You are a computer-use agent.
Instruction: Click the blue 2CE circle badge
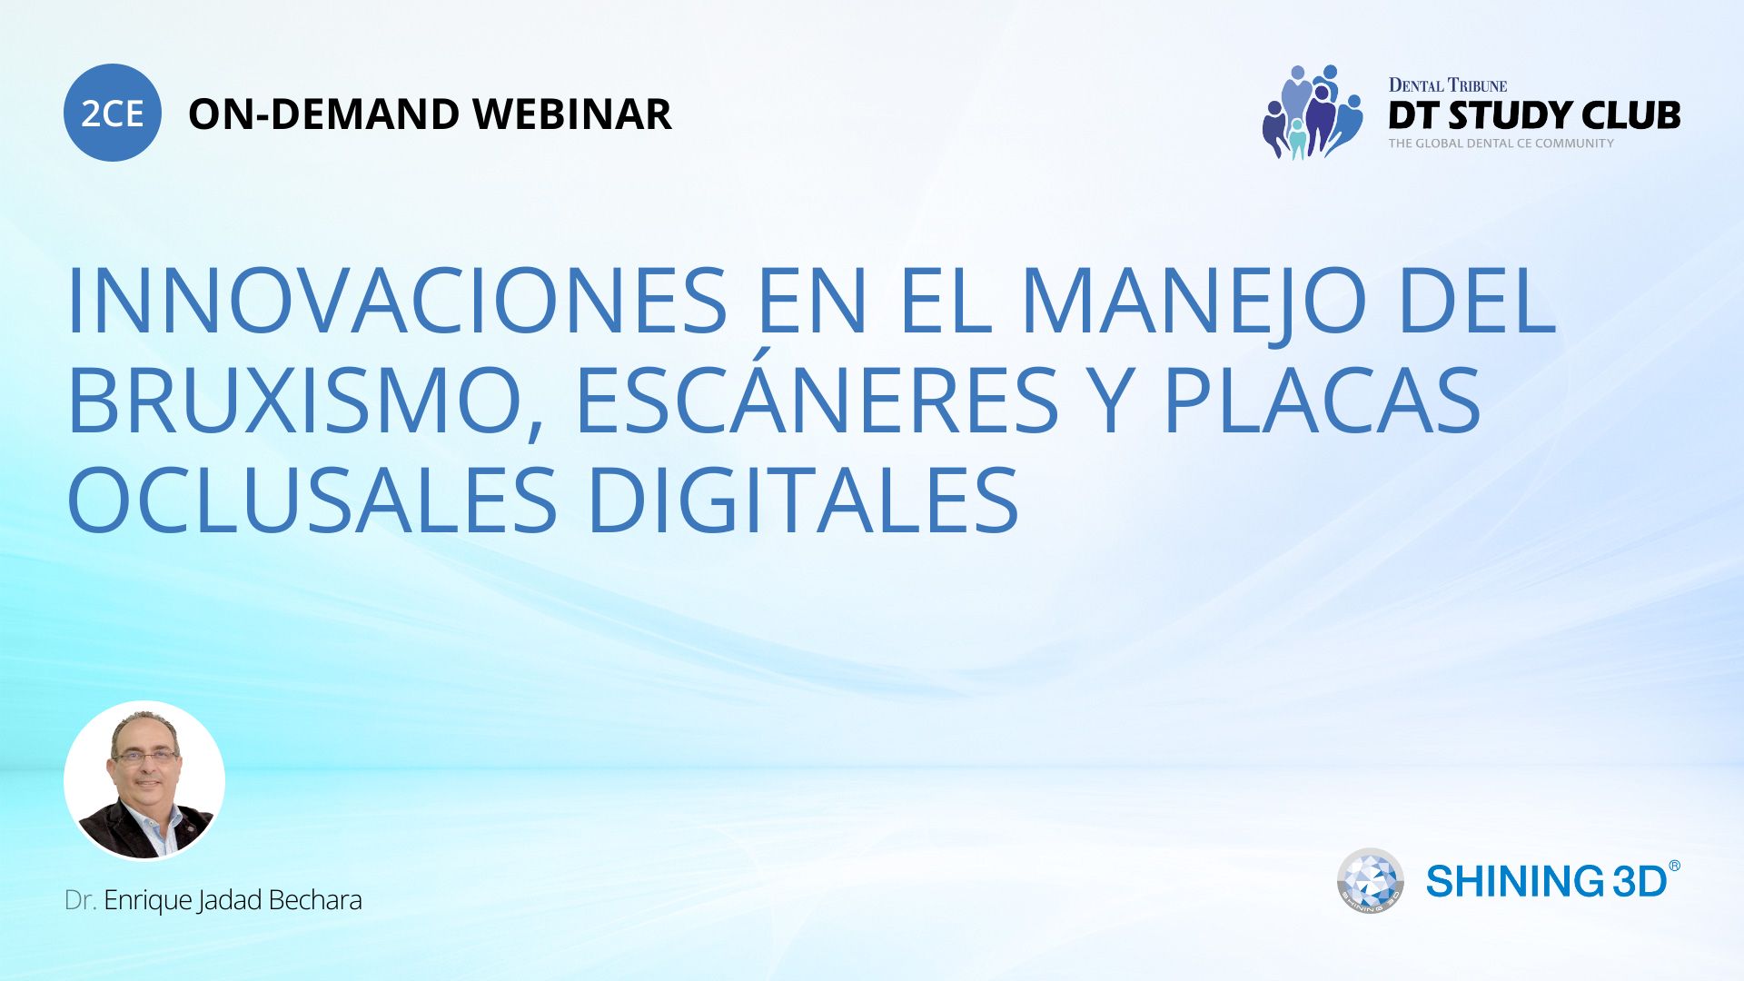pyautogui.click(x=113, y=113)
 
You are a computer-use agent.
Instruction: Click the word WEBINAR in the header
pyautogui.click(x=572, y=114)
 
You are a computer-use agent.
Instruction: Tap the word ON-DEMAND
pyautogui.click(x=323, y=114)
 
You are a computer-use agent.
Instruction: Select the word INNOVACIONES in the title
pyautogui.click(x=397, y=300)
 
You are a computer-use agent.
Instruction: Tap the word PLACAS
pyautogui.click(x=1323, y=400)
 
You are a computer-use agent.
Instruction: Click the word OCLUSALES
pyautogui.click(x=312, y=500)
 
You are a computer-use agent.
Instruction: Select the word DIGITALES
pyautogui.click(x=804, y=500)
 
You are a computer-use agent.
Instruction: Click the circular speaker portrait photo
pyautogui.click(x=144, y=781)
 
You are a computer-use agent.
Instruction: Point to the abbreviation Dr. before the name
pyautogui.click(x=80, y=900)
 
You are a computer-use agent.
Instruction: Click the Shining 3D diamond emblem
pyautogui.click(x=1370, y=881)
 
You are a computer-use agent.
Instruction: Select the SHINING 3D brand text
pyautogui.click(x=1547, y=881)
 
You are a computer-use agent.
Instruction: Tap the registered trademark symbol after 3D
pyautogui.click(x=1674, y=866)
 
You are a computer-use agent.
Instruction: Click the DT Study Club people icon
pyautogui.click(x=1312, y=112)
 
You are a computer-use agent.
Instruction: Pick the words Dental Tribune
pyautogui.click(x=1448, y=85)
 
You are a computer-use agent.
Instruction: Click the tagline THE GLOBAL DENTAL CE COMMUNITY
pyautogui.click(x=1501, y=143)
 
